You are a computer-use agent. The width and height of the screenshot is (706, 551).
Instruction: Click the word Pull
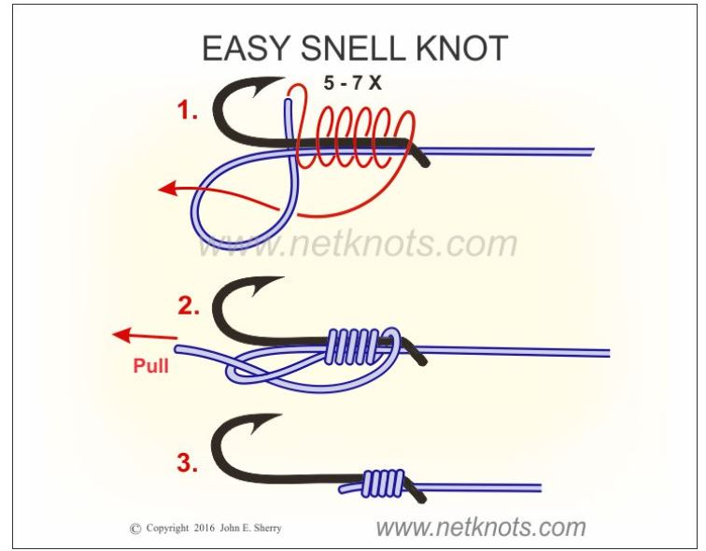[151, 367]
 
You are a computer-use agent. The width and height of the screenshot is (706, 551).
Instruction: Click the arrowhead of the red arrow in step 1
[166, 189]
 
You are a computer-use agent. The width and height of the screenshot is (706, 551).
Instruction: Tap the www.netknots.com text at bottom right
[480, 526]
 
